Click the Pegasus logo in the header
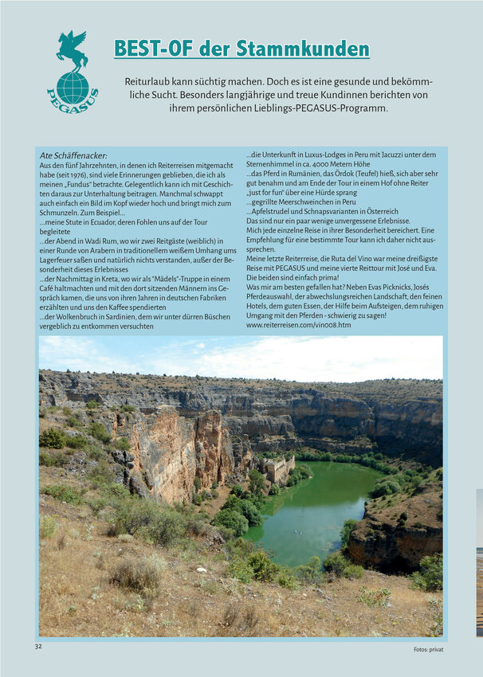pyautogui.click(x=72, y=72)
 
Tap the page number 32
pyautogui.click(x=38, y=646)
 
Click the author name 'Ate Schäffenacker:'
pyautogui.click(x=73, y=155)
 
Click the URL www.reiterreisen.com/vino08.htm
pyautogui.click(x=298, y=325)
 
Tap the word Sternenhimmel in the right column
pyautogui.click(x=276, y=164)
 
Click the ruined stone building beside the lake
pyautogui.click(x=277, y=468)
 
